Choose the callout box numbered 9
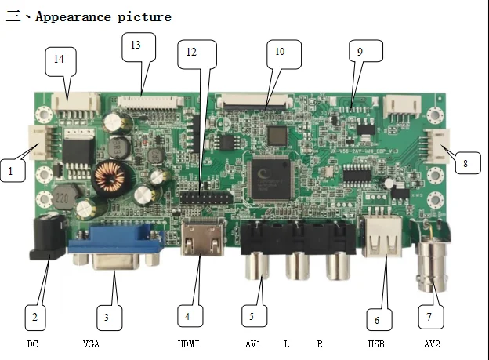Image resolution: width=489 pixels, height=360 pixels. (x=364, y=53)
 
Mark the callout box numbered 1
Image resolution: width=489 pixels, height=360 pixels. (x=12, y=169)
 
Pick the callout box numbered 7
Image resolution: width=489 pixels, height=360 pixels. (x=429, y=317)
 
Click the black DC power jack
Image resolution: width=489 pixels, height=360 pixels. (x=45, y=239)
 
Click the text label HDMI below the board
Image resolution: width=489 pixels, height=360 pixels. (x=189, y=344)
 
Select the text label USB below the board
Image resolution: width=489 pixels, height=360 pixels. (x=376, y=344)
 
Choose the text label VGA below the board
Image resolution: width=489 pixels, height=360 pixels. (x=91, y=344)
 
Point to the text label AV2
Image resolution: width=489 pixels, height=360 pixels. (x=432, y=344)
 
